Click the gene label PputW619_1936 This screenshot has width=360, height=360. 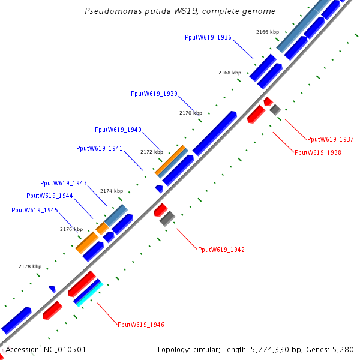[x=208, y=37]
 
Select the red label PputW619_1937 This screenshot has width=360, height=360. [x=331, y=139]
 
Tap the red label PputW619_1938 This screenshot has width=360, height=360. [x=318, y=152]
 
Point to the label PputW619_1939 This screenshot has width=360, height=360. [x=154, y=94]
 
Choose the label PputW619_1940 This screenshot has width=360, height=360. [x=118, y=130]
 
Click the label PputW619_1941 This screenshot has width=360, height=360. [x=100, y=148]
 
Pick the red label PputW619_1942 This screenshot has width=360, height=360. [x=221, y=250]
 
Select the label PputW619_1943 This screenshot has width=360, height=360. [x=64, y=183]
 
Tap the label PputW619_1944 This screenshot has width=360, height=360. [x=50, y=196]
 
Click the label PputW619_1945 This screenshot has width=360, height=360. [x=35, y=210]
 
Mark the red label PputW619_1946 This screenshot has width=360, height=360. [x=141, y=325]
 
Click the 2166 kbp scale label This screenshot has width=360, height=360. [x=268, y=32]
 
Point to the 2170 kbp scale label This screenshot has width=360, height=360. [x=191, y=113]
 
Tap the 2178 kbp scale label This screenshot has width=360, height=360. [x=30, y=267]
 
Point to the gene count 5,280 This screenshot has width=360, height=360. [x=343, y=349]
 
